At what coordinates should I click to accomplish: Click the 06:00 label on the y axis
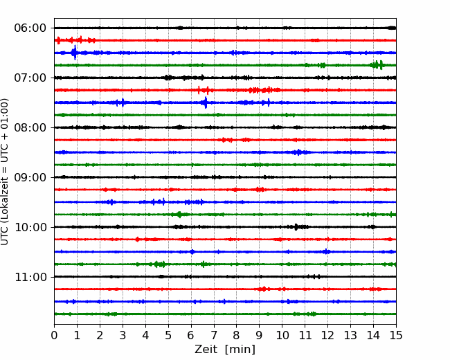30,28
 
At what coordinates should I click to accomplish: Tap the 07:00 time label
30,78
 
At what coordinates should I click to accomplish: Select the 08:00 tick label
30,127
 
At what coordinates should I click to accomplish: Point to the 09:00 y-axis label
30,177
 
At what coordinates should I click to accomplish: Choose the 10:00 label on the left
30,227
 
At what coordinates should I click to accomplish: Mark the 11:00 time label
30,277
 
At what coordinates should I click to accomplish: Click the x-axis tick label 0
54,335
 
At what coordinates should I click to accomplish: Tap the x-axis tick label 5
168,335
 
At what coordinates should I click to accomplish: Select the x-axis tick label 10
282,335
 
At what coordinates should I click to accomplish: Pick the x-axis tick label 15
396,335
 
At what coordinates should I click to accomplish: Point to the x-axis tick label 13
350,335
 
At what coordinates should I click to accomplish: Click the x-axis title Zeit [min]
225,350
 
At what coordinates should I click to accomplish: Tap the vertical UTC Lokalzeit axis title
5,172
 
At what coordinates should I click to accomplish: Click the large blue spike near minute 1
75,53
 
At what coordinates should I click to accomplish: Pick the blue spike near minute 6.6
206,102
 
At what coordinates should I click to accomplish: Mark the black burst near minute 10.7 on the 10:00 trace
297,227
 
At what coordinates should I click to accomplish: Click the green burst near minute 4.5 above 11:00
159,264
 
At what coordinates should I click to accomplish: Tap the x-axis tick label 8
237,335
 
